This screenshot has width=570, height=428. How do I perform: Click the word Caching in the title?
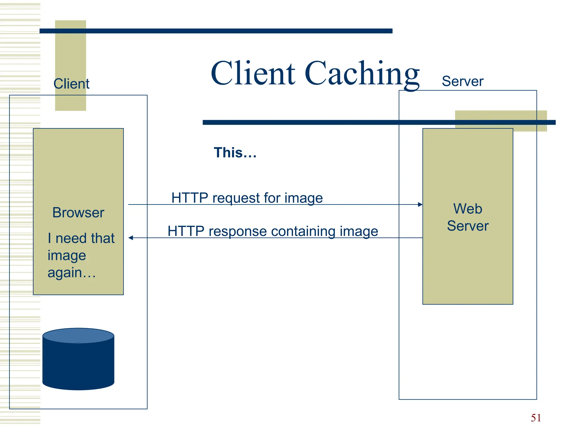(x=362, y=74)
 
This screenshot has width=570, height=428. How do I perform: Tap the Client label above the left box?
(x=71, y=84)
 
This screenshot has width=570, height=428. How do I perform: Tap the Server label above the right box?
(x=462, y=81)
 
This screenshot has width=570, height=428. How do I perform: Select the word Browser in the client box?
(x=78, y=213)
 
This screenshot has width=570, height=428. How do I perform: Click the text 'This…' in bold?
(x=235, y=152)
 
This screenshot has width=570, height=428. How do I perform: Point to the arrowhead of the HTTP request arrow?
(x=420, y=205)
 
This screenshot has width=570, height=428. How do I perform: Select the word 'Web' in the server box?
(x=468, y=209)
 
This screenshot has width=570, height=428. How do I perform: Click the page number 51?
(x=536, y=418)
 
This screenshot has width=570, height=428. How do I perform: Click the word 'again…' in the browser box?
(x=72, y=273)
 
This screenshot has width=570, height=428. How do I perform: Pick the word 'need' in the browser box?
(x=71, y=238)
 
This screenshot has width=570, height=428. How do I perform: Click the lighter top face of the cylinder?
(x=78, y=335)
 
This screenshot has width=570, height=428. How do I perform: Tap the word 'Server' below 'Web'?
(x=468, y=226)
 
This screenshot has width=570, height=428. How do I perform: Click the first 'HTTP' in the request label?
(x=190, y=198)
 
